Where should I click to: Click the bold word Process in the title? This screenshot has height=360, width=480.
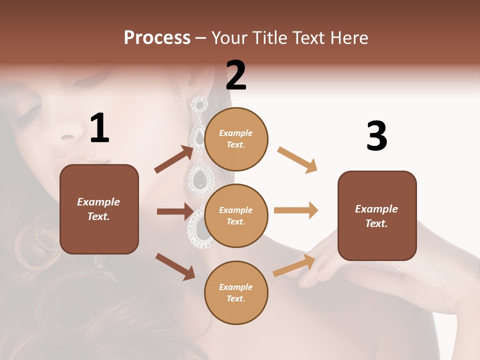[157, 37]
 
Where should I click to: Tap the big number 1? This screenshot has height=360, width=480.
[99, 128]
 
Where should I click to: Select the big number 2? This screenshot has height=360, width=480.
[236, 75]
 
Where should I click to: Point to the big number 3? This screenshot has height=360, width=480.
[376, 136]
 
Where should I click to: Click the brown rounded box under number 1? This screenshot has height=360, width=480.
[99, 209]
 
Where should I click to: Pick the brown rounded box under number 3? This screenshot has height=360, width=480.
[377, 215]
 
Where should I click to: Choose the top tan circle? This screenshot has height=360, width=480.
[236, 138]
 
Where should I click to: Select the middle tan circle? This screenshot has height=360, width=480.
[236, 215]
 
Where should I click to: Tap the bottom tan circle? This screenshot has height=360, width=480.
[236, 292]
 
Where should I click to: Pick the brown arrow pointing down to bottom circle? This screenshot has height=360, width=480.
[175, 266]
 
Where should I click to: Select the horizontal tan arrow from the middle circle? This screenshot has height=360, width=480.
[296, 210]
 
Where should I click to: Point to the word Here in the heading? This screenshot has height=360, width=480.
[349, 37]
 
